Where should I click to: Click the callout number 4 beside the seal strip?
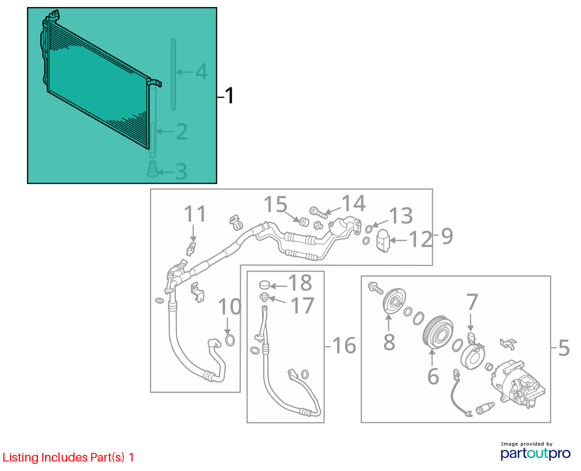(202, 72)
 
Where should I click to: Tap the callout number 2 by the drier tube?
(182, 132)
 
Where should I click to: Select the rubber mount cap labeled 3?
(152, 169)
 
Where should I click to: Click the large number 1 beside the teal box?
(229, 95)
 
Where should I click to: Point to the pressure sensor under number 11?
(191, 248)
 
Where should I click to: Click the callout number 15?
(275, 204)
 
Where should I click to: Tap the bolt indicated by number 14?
(319, 213)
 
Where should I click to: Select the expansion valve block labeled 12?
(383, 241)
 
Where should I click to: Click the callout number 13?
(401, 216)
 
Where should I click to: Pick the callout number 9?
(447, 236)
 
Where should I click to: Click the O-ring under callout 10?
(230, 340)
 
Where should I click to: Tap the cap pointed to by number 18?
(264, 285)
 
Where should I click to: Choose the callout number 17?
(302, 306)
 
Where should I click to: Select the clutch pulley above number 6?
(438, 332)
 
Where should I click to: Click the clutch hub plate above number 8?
(394, 301)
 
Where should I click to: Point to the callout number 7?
(472, 302)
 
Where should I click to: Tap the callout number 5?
(564, 348)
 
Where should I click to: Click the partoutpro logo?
(535, 454)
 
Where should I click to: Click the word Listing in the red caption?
(21, 458)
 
